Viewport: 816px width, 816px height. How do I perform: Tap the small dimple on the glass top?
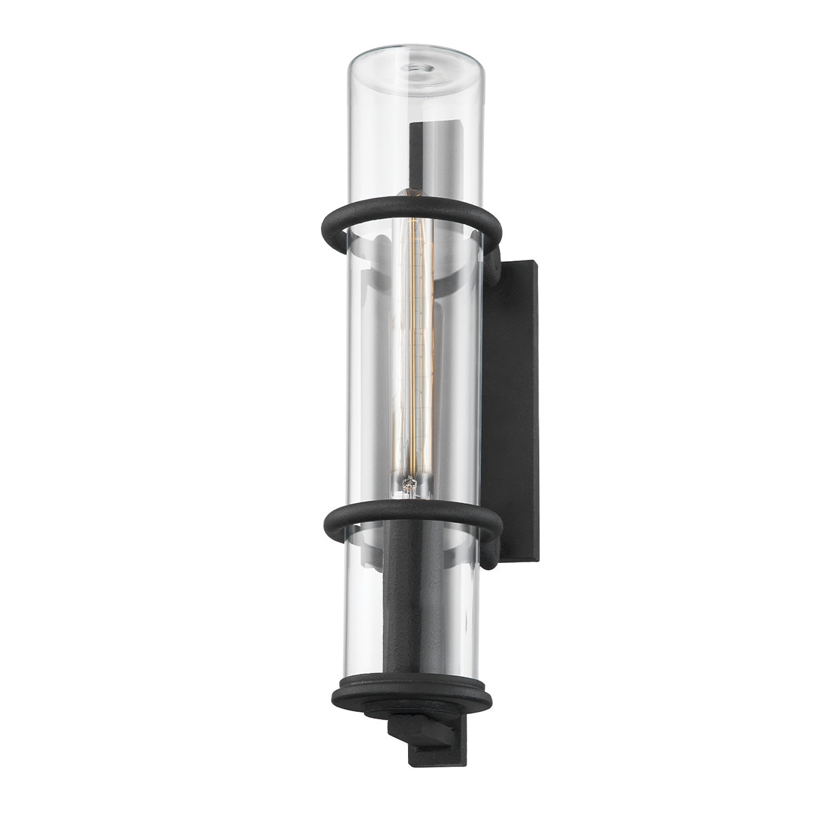tap(413, 68)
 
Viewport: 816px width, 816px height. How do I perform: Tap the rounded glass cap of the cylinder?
tap(413, 61)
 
